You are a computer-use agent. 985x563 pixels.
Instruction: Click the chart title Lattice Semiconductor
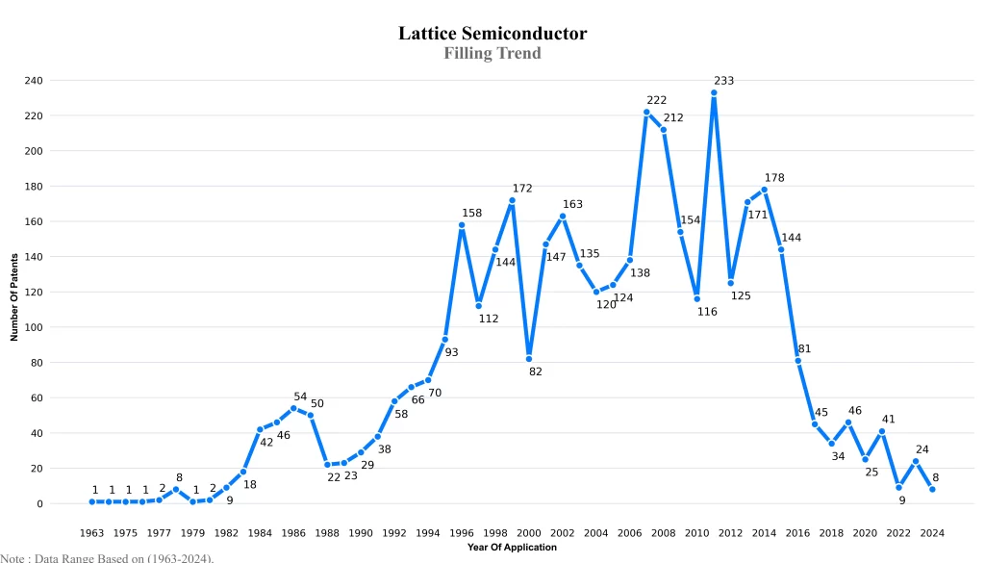(492, 34)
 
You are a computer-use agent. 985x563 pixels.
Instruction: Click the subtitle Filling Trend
(492, 53)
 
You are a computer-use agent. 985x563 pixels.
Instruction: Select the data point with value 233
(714, 93)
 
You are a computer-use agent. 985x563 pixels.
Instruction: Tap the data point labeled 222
(646, 113)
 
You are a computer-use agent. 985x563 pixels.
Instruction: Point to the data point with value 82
(529, 359)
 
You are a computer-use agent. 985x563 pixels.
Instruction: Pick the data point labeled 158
(462, 225)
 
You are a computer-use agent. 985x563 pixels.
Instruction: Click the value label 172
(522, 189)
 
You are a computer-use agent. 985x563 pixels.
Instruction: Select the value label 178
(774, 178)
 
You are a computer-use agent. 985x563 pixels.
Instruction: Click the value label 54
(300, 397)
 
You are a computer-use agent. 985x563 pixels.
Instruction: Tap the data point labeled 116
(696, 298)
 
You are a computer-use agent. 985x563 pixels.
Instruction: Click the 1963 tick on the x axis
(91, 533)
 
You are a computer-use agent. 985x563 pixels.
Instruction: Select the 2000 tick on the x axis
(529, 533)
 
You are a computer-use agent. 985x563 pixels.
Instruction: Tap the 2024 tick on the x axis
(932, 533)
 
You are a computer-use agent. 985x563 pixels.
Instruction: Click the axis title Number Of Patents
(14, 297)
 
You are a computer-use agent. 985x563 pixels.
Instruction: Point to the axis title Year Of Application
(512, 548)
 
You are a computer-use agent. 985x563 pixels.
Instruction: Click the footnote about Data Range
(107, 557)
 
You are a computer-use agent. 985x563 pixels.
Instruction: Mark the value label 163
(572, 204)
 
